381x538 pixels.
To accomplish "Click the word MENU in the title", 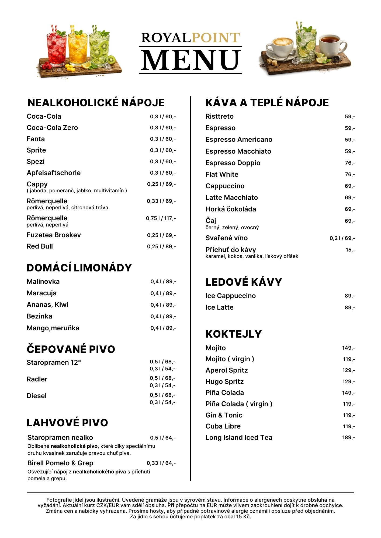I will click(190, 60).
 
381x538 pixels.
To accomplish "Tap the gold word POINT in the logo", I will click(216, 38).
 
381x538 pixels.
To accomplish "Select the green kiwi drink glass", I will click(99, 50).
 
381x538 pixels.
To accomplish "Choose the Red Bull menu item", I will click(40, 246).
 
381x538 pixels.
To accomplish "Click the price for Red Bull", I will click(161, 247).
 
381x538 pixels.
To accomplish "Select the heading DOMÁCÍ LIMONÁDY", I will click(79, 268).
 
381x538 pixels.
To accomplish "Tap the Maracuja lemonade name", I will click(41, 293).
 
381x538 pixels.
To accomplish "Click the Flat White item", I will click(222, 175).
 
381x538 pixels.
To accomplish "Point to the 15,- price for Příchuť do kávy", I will click(350, 250).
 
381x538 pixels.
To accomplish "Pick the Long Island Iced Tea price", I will click(349, 438).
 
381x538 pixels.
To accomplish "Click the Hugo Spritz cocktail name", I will click(224, 382).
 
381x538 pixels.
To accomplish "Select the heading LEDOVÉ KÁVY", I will click(244, 282).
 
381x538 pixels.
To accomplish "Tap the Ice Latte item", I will click(219, 307).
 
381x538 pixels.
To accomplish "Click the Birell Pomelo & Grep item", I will click(60, 463).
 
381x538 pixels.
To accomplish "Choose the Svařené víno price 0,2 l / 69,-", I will click(342, 238).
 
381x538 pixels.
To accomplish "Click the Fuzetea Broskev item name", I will click(54, 235).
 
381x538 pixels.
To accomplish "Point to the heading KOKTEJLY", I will click(233, 334).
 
